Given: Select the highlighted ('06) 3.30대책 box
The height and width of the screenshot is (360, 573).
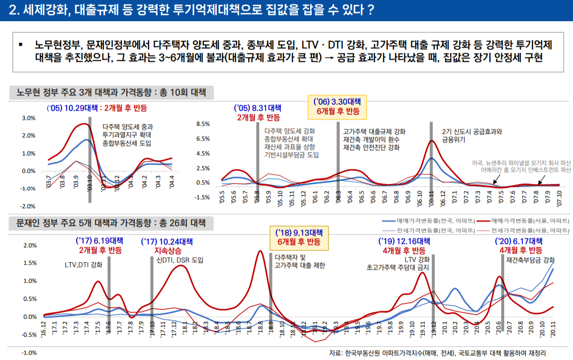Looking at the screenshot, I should tap(338, 106).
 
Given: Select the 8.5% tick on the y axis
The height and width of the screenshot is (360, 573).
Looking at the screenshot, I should tap(203, 124).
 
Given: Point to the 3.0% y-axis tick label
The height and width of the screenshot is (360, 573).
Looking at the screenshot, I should tap(29, 118).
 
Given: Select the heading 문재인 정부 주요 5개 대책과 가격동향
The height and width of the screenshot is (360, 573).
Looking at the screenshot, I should tap(111, 223).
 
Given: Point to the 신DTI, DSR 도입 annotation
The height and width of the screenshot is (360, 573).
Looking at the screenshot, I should tap(180, 260).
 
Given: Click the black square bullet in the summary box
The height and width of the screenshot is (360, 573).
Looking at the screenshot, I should tap(21, 44).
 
